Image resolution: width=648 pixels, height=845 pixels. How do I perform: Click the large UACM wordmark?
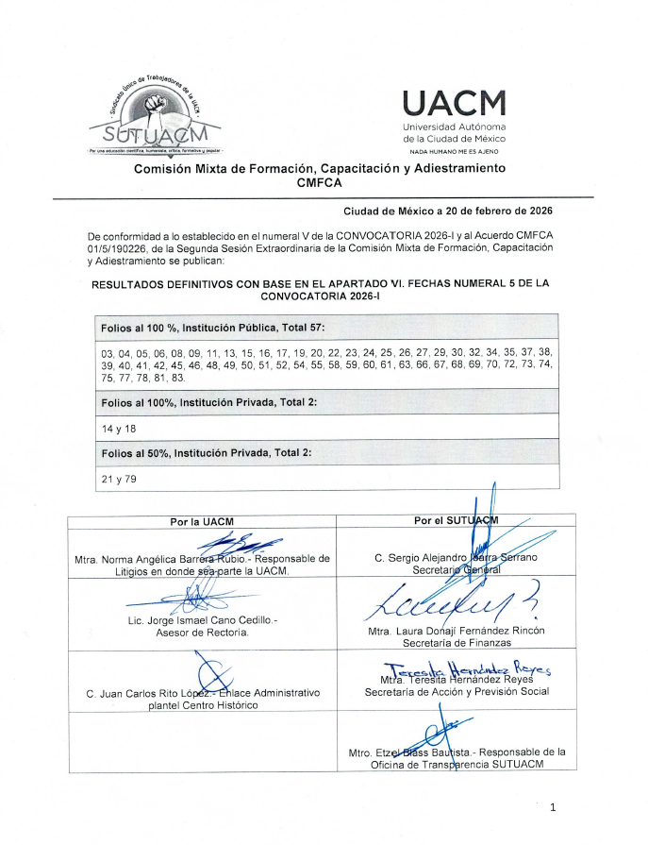(454, 102)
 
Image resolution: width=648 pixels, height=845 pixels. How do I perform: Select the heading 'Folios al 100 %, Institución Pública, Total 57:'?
(212, 328)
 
